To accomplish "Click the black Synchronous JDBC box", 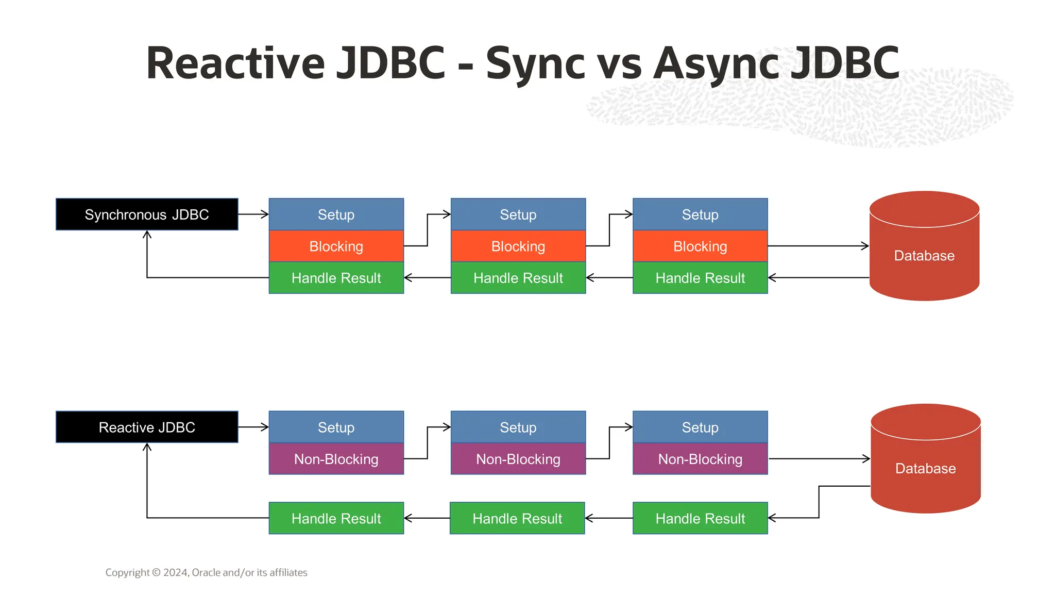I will (x=147, y=214).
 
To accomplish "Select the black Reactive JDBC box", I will (x=147, y=427).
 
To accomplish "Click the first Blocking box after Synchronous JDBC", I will (x=336, y=246).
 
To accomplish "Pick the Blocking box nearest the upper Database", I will (x=700, y=246).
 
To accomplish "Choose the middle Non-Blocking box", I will (x=518, y=459).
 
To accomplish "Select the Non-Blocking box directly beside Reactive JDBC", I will (x=336, y=459).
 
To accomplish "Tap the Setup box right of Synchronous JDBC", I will (x=336, y=214).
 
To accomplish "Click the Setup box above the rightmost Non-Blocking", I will (x=700, y=427).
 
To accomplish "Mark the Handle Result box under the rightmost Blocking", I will (x=700, y=278).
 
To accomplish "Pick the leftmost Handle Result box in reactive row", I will (x=336, y=518).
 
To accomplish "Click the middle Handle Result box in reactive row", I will (x=517, y=518).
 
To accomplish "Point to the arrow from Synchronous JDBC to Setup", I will (x=253, y=214).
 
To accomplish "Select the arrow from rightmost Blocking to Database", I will (x=818, y=246).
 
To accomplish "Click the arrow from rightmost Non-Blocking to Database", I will (x=819, y=458).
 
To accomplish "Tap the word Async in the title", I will (x=718, y=64).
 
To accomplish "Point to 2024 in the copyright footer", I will (x=176, y=572).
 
